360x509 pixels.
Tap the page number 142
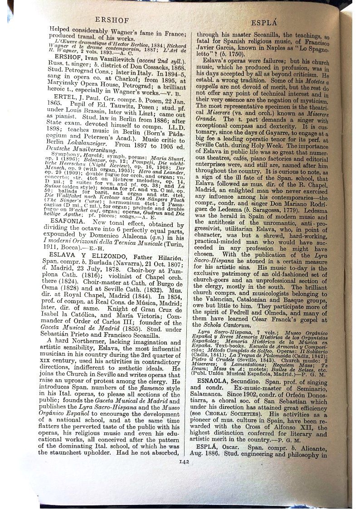coord(184,462)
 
